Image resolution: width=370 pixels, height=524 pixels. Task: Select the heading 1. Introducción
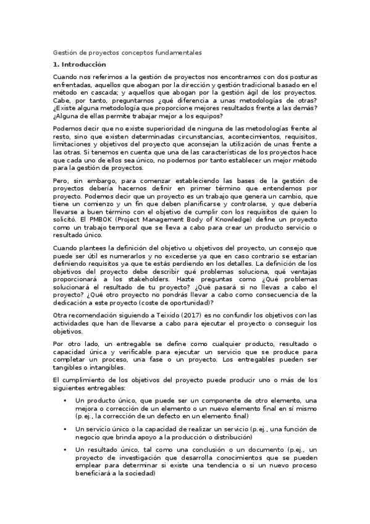click(x=80, y=64)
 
